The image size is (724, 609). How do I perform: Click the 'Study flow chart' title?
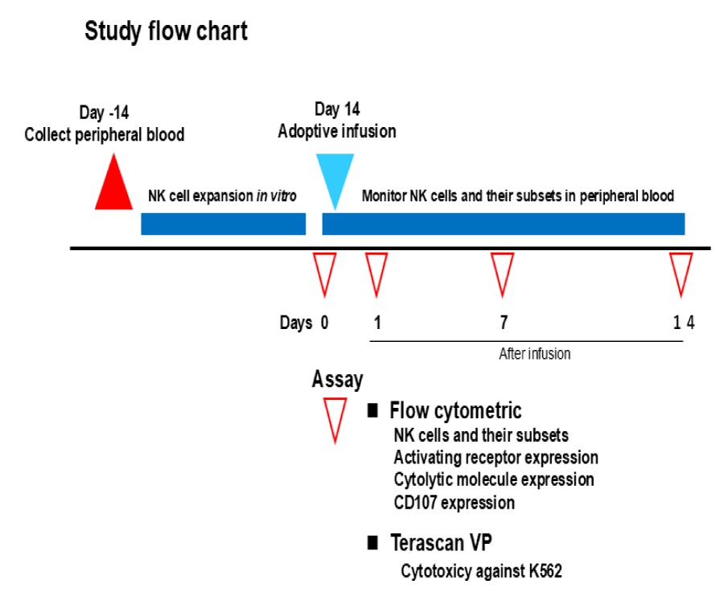167,32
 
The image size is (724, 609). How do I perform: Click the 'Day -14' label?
103,113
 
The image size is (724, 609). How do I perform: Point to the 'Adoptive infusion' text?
337,131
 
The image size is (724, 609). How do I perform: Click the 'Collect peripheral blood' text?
105,134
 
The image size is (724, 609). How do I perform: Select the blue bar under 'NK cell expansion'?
223,224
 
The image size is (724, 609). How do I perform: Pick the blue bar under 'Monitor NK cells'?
503,224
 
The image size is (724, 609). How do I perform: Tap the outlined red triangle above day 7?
503,272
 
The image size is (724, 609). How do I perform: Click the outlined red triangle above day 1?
376,272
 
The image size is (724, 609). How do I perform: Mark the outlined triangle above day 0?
324,272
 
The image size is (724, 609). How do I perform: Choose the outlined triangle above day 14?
681,272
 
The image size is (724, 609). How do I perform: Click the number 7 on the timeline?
504,323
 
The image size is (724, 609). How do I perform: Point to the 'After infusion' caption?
535,353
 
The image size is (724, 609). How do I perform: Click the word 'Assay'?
337,379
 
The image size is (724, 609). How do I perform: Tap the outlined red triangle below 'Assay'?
334,418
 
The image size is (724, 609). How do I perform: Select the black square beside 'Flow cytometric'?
372,411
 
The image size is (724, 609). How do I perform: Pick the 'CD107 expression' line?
455,503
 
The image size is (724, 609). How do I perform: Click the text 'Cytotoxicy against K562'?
481,573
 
